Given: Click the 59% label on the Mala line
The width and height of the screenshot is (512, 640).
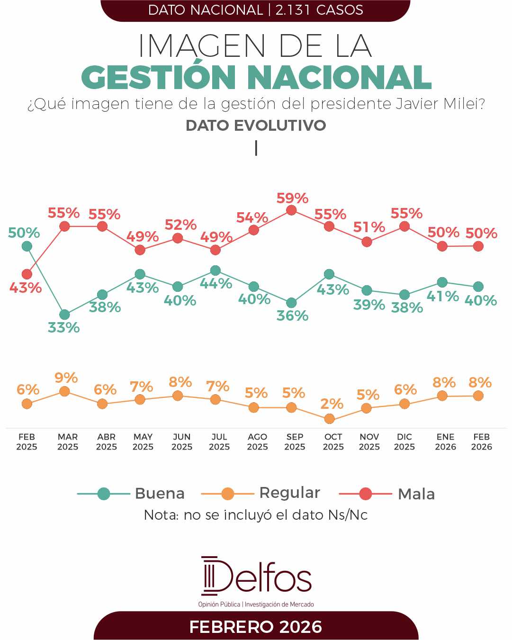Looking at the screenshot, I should (292, 198).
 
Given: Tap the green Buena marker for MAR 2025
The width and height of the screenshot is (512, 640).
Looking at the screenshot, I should (64, 315).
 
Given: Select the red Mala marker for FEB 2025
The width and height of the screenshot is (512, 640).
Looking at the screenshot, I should (27, 274).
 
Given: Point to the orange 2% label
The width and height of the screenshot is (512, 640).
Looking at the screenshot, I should (332, 404).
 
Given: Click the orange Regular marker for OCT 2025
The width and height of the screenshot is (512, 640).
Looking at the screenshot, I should (329, 419).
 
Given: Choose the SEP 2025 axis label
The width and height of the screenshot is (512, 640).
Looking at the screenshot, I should (295, 442).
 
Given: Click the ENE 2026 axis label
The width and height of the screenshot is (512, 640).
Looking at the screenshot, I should (445, 442).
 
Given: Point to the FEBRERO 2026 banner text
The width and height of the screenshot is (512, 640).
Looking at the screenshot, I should (256, 627).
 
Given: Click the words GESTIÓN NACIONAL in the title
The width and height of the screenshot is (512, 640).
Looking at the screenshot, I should (256, 77).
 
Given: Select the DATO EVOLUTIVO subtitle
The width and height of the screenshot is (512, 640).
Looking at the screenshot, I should (256, 126).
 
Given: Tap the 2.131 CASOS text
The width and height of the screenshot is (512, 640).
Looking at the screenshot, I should (319, 10).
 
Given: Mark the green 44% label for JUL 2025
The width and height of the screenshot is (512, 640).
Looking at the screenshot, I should (216, 284).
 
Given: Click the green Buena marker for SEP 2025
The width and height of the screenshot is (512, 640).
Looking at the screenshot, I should (292, 303).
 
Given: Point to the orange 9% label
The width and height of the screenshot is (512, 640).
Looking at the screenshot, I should (66, 378).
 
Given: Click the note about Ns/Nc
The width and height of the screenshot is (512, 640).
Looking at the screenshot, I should (256, 515).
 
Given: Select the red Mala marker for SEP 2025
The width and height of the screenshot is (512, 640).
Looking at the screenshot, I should (292, 210).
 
